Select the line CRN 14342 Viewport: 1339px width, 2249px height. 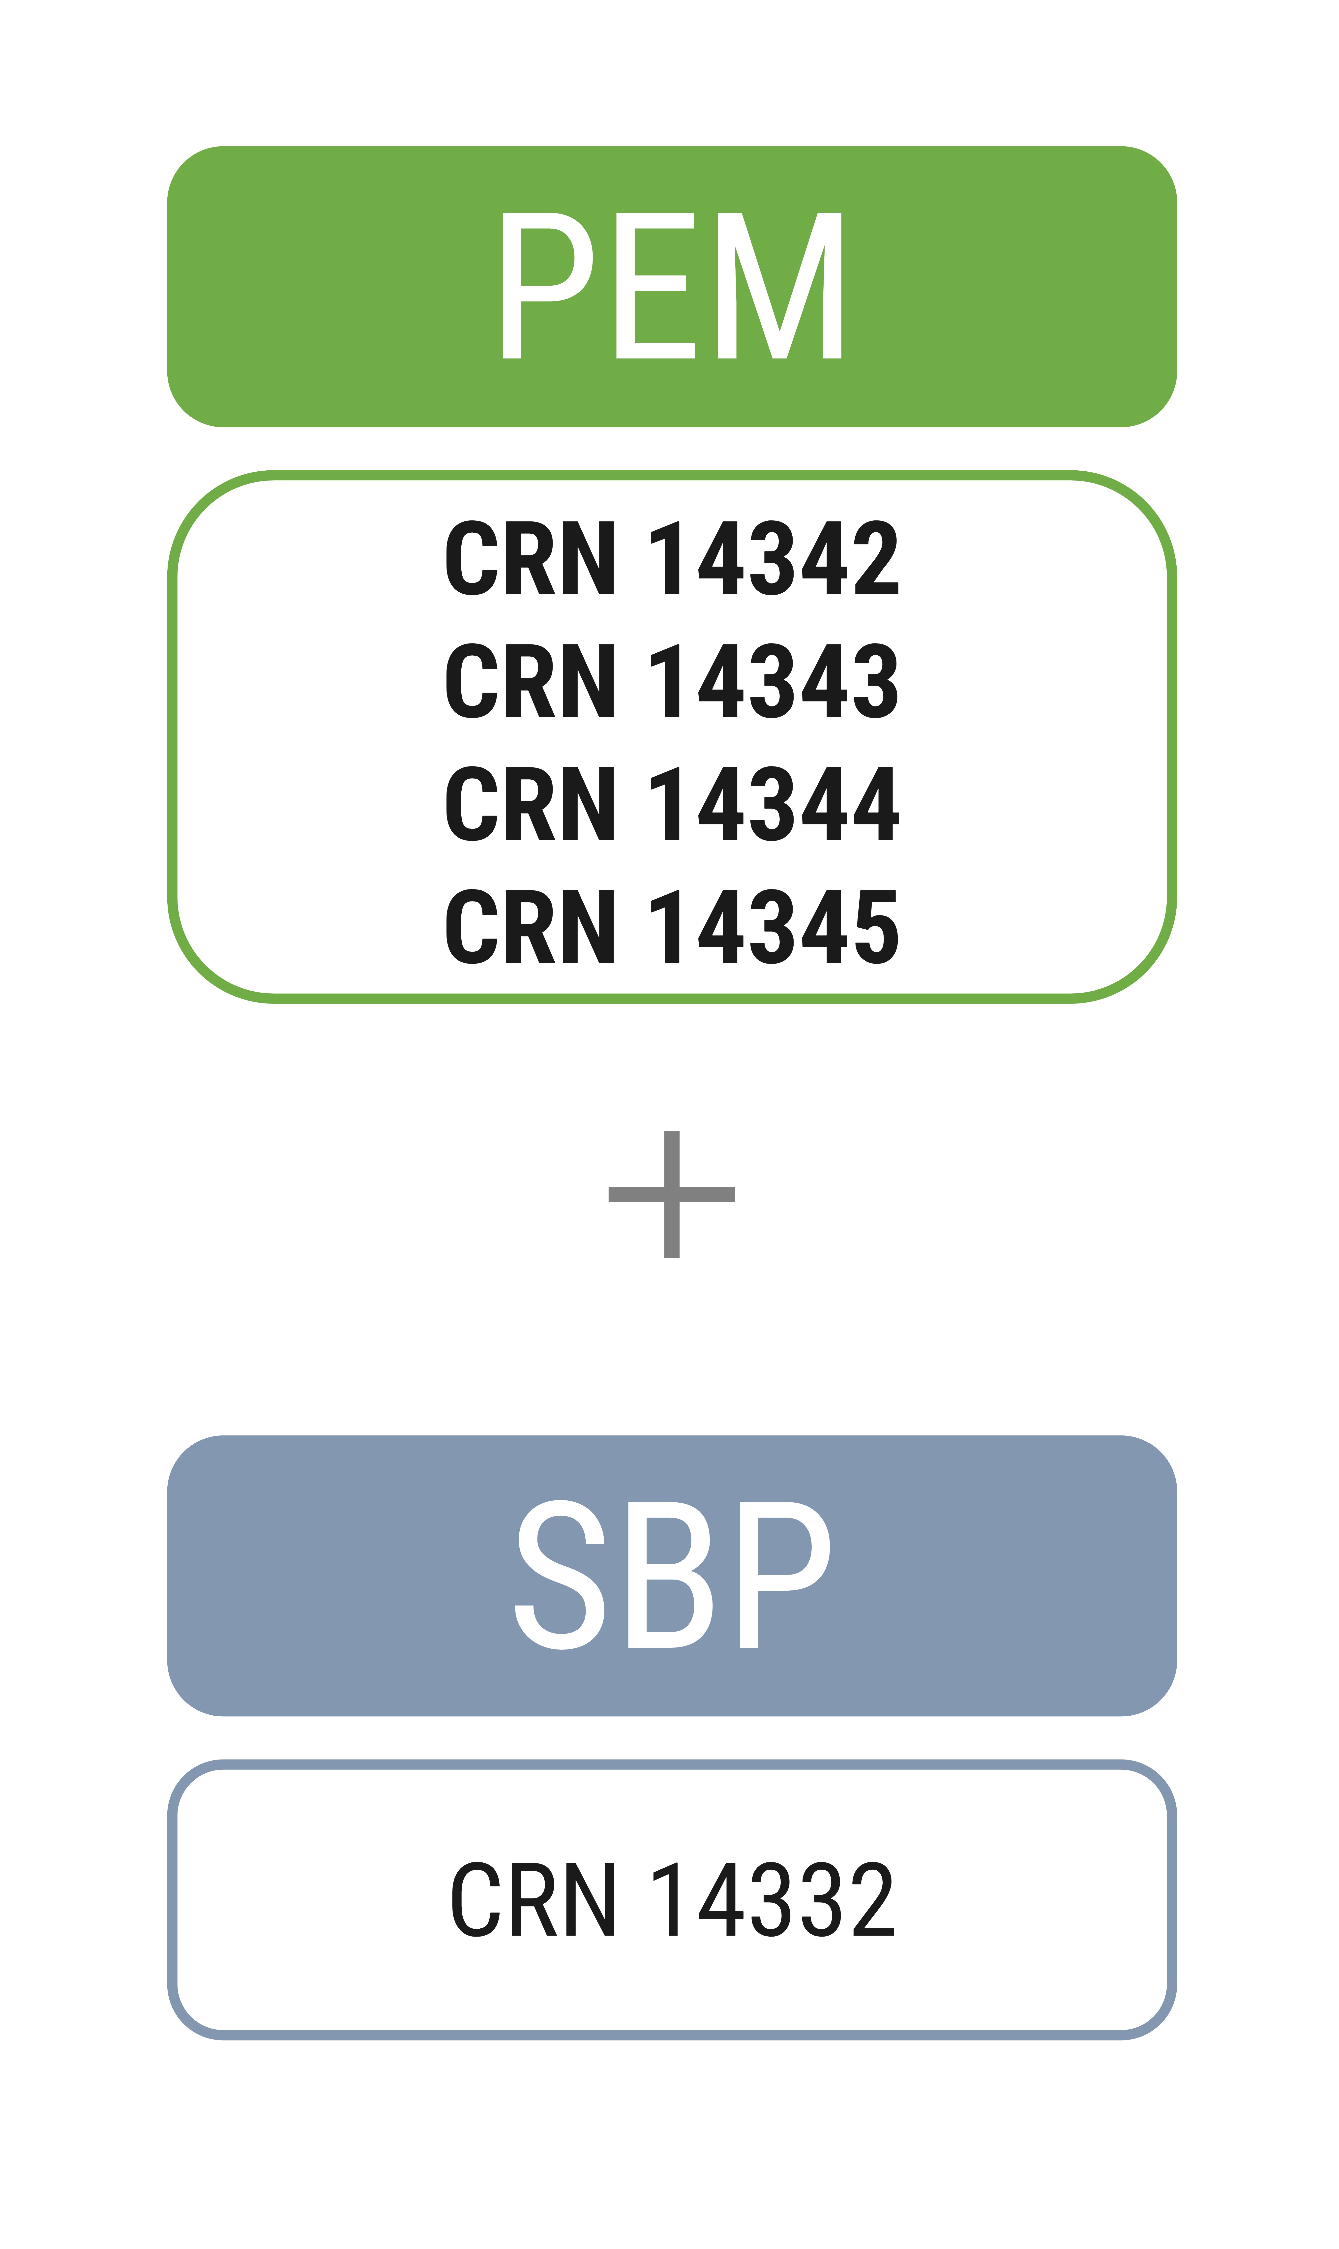click(672, 558)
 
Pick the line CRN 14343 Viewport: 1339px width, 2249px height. click(672, 680)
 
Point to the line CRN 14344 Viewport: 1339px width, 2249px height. click(672, 803)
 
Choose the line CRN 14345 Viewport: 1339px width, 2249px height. click(672, 926)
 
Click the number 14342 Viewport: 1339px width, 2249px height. click(774, 558)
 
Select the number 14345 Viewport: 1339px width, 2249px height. click(774, 926)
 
